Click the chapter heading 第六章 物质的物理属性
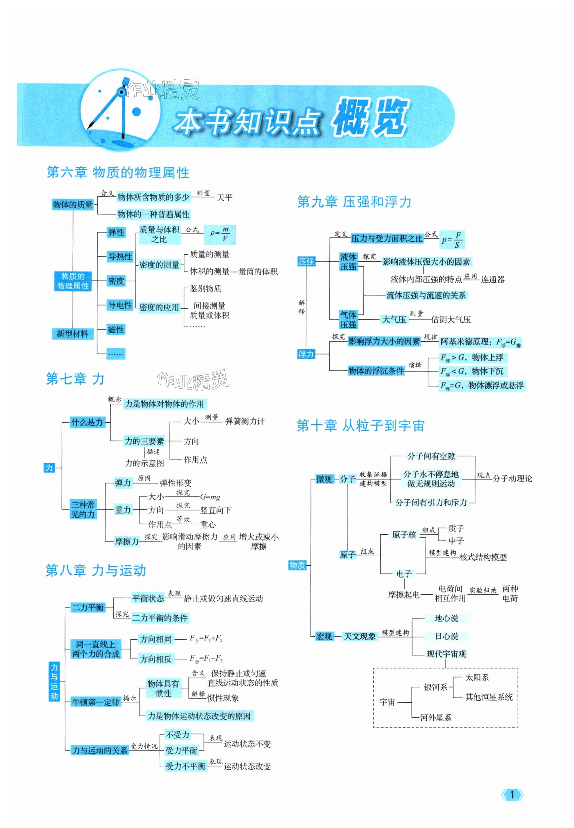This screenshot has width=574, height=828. tap(118, 173)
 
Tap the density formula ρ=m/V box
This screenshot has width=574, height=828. tap(220, 235)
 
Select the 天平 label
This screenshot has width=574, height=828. tap(224, 197)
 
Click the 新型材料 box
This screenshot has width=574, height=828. tap(72, 333)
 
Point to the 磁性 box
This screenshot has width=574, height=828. tap(116, 330)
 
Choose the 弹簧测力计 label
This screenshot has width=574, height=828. tap(244, 421)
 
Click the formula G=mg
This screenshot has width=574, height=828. tap(210, 497)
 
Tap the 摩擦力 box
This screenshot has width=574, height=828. tap(127, 541)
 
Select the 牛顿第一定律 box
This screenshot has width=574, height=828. tap(96, 702)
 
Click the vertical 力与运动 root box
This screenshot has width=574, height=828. tap(54, 682)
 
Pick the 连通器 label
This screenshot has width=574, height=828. tap(493, 279)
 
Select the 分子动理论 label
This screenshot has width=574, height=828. tap(512, 478)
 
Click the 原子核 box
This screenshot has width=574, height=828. tap(404, 535)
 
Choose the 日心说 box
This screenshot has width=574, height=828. tap(446, 636)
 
